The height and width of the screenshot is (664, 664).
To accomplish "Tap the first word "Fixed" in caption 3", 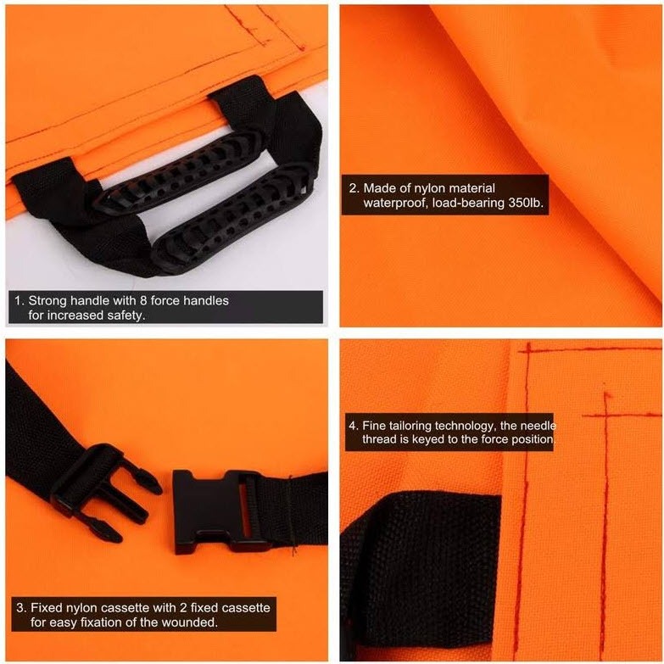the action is (45, 608).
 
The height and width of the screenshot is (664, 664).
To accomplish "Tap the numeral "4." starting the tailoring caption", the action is (354, 426).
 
